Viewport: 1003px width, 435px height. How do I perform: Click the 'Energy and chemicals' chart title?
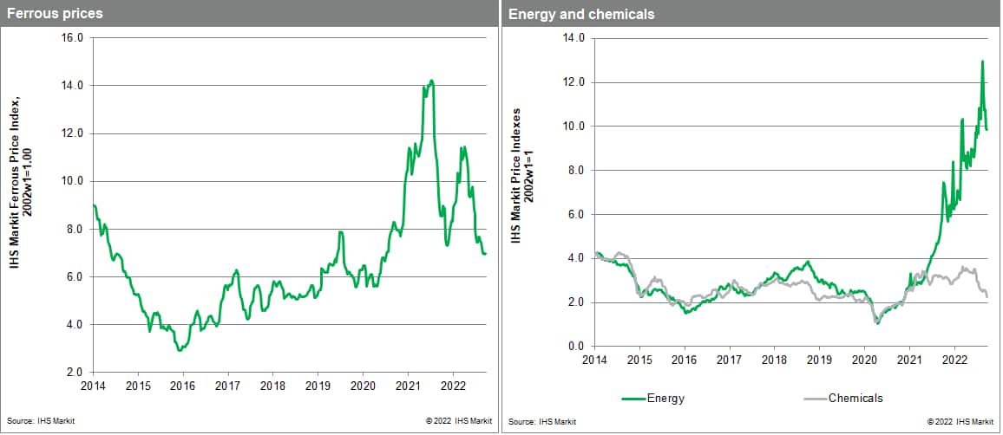[x=569, y=14]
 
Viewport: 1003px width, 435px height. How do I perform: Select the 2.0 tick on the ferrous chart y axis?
[x=74, y=372]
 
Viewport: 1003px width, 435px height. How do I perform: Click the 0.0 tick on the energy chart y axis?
[x=574, y=346]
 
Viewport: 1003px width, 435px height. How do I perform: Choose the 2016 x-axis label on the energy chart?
[x=685, y=359]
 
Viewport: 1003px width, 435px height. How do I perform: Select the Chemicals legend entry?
[x=855, y=398]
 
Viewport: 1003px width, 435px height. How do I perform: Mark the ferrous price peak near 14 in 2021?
[x=431, y=81]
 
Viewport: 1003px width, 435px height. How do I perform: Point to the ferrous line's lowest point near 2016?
[x=179, y=349]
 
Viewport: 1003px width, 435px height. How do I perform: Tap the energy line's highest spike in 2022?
[x=981, y=62]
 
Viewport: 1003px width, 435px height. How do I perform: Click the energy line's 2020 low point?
[x=877, y=323]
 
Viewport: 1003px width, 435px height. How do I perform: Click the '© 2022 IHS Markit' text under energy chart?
[x=960, y=421]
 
